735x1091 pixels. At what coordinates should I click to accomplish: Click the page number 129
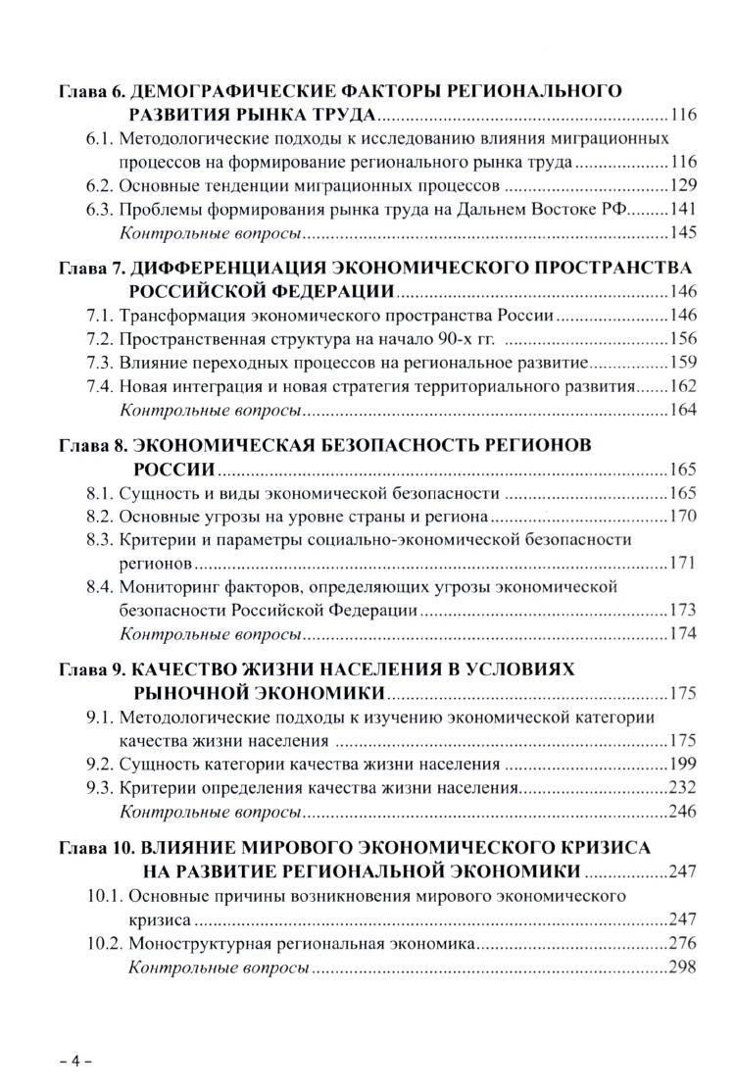pyautogui.click(x=682, y=184)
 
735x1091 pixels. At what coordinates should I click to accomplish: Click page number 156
pyautogui.click(x=682, y=339)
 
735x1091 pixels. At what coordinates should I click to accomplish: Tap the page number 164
pyautogui.click(x=682, y=410)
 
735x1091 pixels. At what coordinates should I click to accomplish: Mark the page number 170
pyautogui.click(x=682, y=516)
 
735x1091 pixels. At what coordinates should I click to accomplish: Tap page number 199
pyautogui.click(x=682, y=764)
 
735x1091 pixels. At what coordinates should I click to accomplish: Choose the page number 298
pyautogui.click(x=682, y=967)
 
